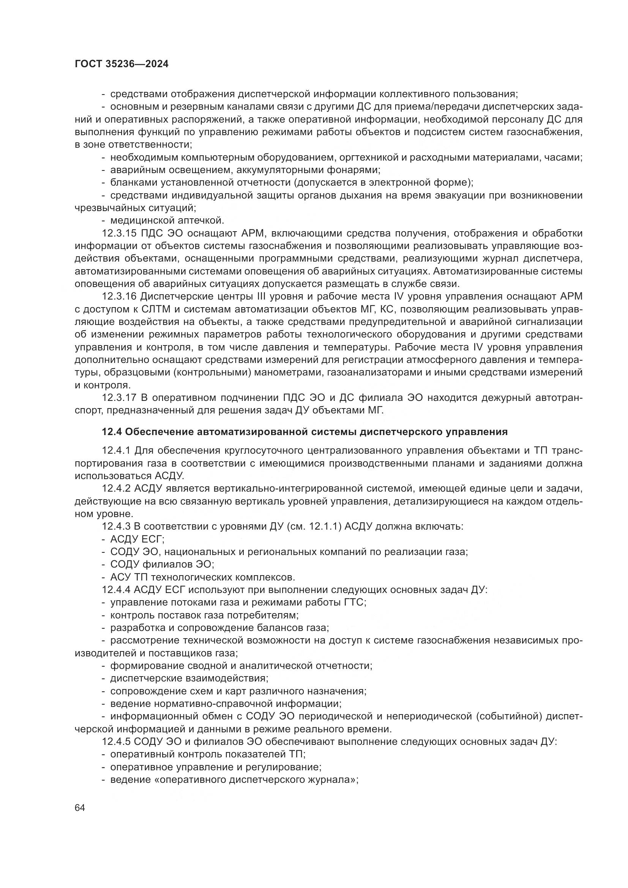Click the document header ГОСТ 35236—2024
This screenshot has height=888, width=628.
pyautogui.click(x=121, y=64)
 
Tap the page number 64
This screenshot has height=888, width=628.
pyautogui.click(x=80, y=808)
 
